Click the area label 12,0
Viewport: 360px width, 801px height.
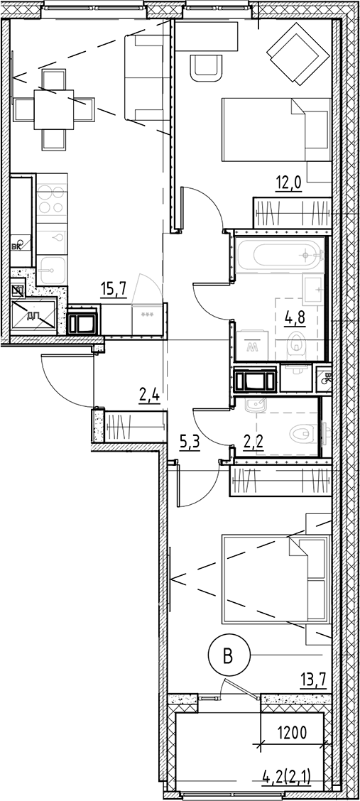(x=289, y=184)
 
